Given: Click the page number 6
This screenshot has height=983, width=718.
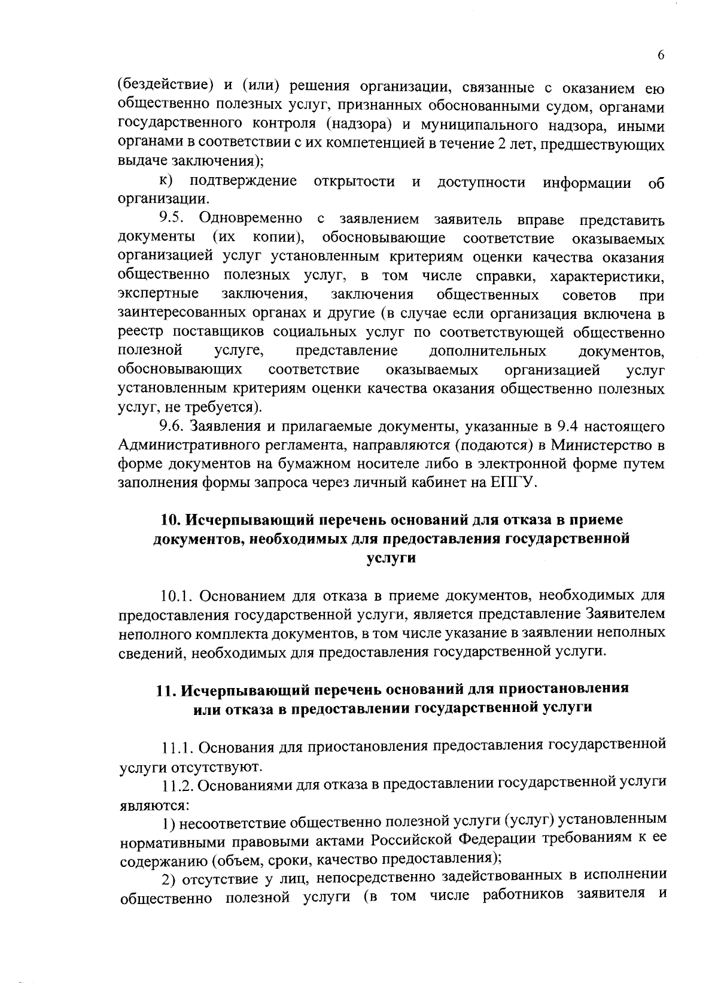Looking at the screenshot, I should [x=661, y=54].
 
